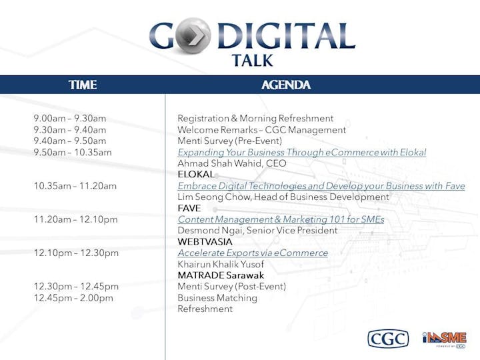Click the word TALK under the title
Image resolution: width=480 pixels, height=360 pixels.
pos(252,60)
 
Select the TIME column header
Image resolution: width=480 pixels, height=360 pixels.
pos(83,85)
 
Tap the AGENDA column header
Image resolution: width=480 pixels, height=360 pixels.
pos(286,85)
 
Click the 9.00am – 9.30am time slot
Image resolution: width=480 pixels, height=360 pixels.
pos(70,119)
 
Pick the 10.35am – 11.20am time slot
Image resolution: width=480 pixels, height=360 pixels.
pos(75,186)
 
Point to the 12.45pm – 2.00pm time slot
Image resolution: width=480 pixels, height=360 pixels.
pos(73,298)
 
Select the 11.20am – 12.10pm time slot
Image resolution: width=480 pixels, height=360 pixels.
pos(75,219)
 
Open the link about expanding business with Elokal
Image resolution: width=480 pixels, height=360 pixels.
pos(302,153)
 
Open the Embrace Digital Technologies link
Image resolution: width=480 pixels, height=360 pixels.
pos(321,186)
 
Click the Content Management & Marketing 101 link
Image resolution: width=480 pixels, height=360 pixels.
pos(281,219)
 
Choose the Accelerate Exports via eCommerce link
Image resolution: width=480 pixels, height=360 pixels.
pos(253,253)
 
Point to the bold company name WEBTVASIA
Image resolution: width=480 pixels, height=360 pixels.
pos(205,242)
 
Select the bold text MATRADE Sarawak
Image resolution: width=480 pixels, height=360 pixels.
pos(221,275)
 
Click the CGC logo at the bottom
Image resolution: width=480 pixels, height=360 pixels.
pos(388,339)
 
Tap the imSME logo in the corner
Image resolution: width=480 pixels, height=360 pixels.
pos(444,339)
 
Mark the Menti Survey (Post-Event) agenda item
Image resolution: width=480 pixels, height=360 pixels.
pos(232,287)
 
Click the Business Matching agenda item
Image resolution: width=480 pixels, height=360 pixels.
pos(217,298)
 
